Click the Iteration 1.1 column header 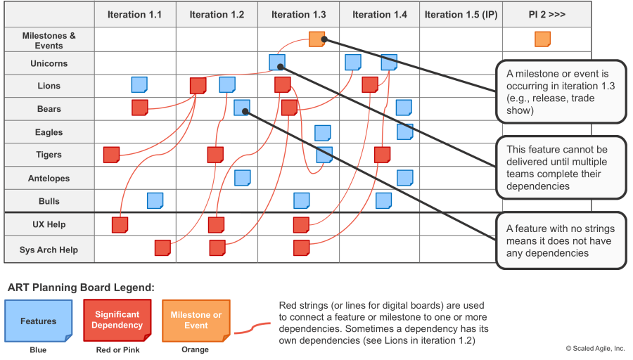coord(134,15)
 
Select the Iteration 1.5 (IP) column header coord(461,15)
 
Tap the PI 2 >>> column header coord(547,15)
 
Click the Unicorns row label coord(49,63)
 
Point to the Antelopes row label coord(49,179)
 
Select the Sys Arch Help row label coord(49,250)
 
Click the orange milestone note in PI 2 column coord(542,39)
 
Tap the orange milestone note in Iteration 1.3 coord(317,39)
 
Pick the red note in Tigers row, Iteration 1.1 coord(111,155)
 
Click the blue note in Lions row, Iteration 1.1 coord(139,85)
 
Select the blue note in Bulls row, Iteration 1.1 coord(155,200)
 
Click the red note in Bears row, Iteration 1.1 coord(140,108)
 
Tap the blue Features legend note coord(39,321)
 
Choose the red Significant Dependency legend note coord(117,320)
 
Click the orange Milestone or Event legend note coord(196,321)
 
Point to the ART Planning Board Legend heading coord(81,288)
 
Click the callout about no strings coord(561,240)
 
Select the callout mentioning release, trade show coord(561,91)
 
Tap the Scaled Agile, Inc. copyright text coord(595,348)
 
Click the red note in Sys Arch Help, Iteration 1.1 coord(162,247)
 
